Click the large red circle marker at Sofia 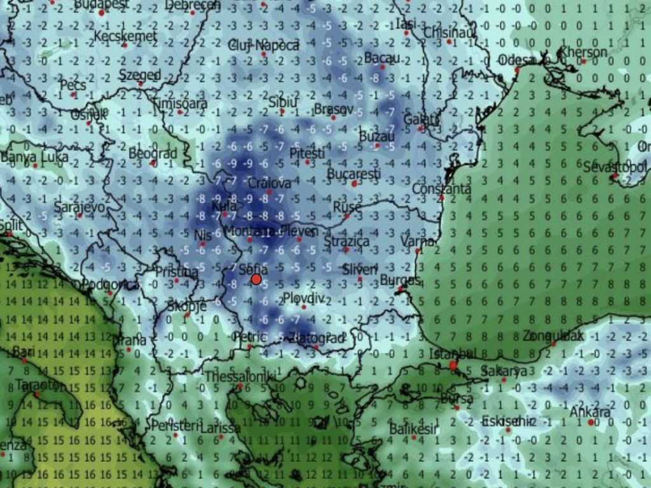[256, 279]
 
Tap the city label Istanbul [453, 353]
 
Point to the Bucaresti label [354, 173]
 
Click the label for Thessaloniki [240, 377]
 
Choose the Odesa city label [519, 60]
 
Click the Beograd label [153, 154]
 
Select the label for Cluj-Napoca [263, 45]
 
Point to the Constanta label [442, 189]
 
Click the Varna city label [418, 241]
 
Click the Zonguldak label [553, 335]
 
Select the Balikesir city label [413, 429]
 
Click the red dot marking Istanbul [453, 365]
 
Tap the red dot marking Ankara [591, 422]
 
